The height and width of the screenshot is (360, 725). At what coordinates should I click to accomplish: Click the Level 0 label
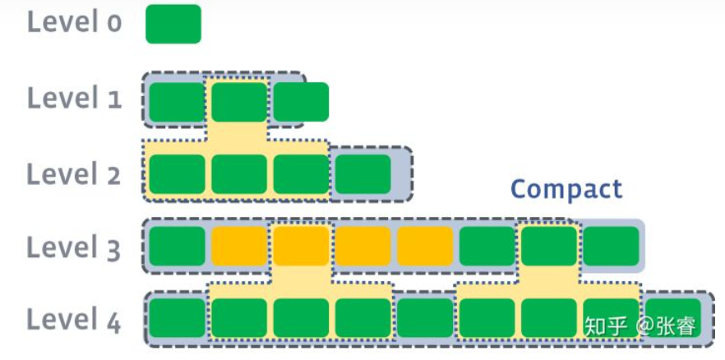[x=75, y=22]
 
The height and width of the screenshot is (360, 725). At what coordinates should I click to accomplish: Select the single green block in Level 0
[x=173, y=24]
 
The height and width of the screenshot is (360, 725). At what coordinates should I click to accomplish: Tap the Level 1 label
[x=75, y=99]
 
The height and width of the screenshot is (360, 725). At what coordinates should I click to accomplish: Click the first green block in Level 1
[x=176, y=102]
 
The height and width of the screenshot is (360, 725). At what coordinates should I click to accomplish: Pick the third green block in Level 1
[x=301, y=102]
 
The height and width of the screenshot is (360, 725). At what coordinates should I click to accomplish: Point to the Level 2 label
[x=75, y=174]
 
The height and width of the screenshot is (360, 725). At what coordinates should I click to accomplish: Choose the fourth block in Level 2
[x=362, y=174]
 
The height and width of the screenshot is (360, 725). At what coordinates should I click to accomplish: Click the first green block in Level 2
[x=176, y=174]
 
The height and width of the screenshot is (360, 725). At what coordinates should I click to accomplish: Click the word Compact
[x=566, y=189]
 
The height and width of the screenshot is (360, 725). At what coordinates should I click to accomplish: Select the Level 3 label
[x=75, y=247]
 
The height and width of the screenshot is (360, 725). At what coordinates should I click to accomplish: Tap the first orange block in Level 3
[x=238, y=247]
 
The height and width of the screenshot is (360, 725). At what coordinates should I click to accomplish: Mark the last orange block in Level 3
[x=425, y=247]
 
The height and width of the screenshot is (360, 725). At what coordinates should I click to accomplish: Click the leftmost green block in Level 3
[x=176, y=247]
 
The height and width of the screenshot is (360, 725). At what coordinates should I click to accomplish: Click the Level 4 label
[x=75, y=319]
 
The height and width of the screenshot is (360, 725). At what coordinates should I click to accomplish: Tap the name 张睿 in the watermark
[x=675, y=326]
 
